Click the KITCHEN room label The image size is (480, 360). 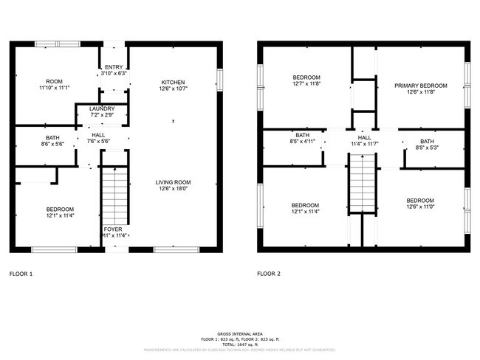pos(174,82)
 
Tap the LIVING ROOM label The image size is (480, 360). pos(174,181)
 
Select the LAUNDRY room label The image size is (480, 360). pos(102,108)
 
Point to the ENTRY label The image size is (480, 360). pos(113,67)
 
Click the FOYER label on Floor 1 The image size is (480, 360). pos(112,229)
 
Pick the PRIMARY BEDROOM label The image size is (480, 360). pos(420,86)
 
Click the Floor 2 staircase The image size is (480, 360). pos(363,184)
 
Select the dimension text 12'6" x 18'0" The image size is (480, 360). pos(174,188)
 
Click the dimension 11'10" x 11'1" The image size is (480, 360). pos(54,89)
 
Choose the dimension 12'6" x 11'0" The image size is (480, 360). pos(419,207)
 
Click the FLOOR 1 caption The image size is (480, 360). pos(21,274)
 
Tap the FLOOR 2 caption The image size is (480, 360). pos(269,274)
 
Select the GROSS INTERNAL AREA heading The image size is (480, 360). pos(240,334)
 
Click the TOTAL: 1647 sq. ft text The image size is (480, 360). pos(240,345)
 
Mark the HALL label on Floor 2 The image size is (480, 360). pos(365,137)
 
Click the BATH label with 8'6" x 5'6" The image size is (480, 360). pos(54,137)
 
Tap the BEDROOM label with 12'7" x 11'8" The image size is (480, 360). pos(306,77)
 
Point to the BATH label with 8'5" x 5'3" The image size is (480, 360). pos(428,141)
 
